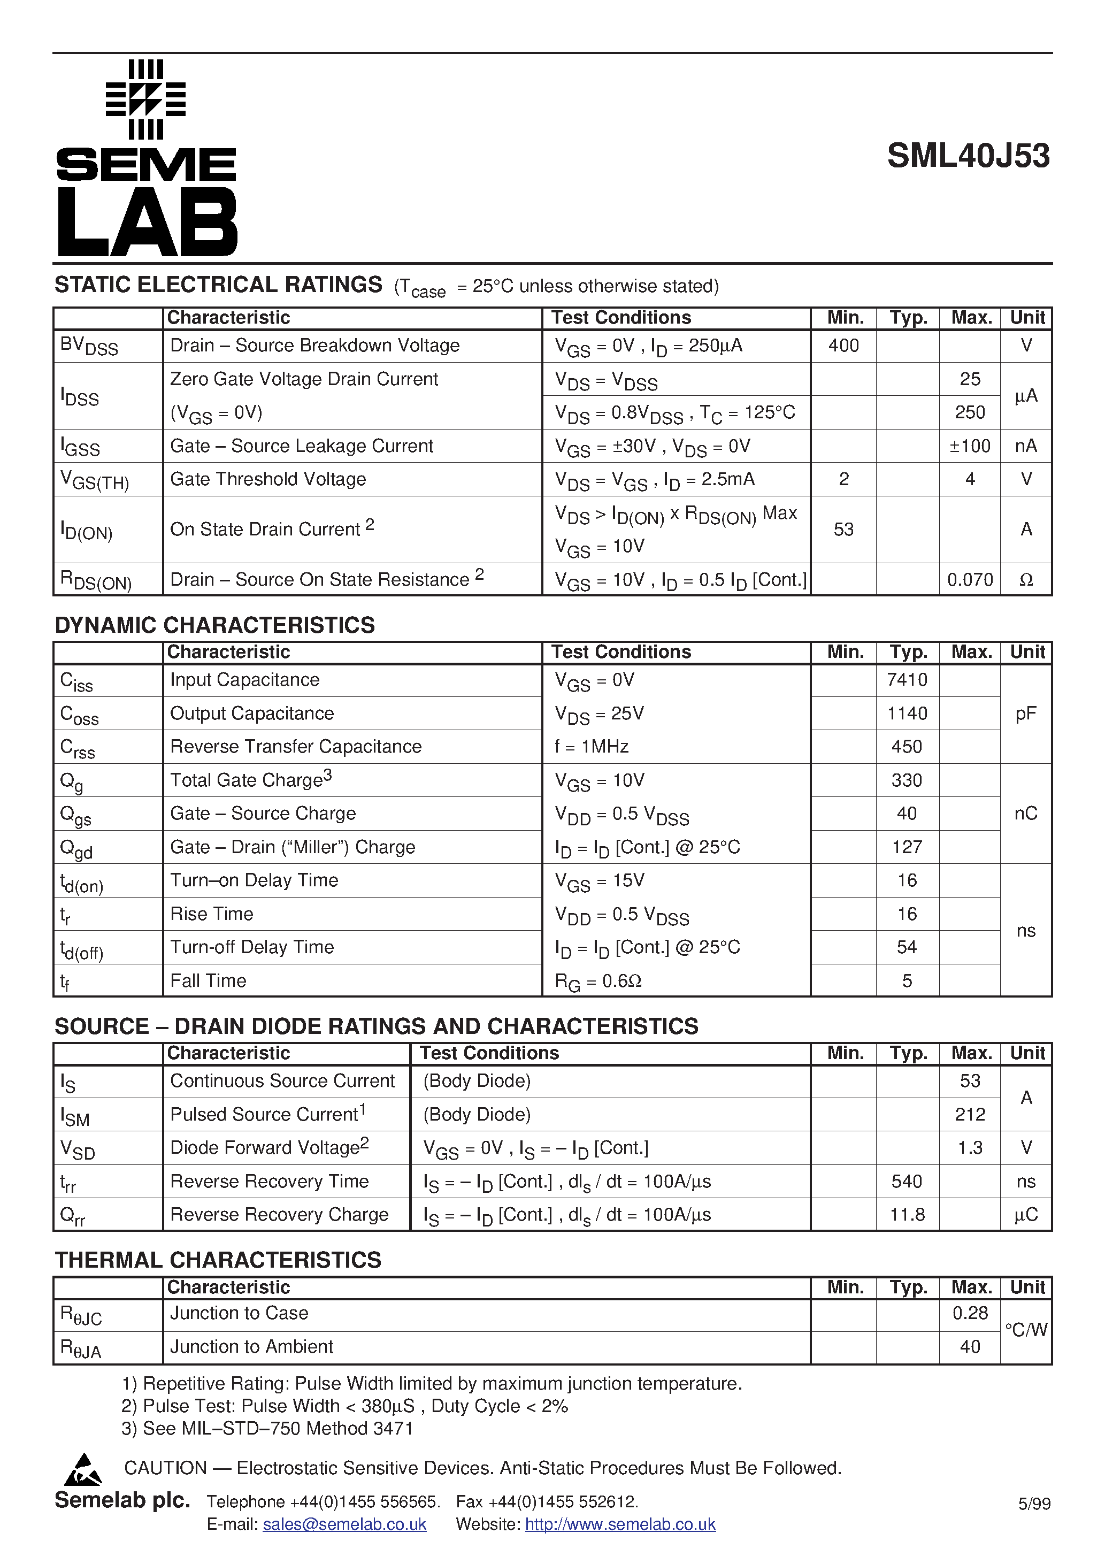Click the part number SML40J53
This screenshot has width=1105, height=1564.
tap(968, 156)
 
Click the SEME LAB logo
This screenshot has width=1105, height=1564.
tap(147, 158)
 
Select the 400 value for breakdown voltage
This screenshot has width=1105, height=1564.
tap(843, 346)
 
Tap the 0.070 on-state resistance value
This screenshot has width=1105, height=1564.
tap(970, 580)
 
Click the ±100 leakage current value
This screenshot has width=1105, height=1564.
tap(970, 446)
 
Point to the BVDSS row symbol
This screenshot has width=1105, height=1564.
tap(89, 347)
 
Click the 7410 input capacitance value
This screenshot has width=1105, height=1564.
tap(907, 680)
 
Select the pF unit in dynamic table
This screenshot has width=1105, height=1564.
tap(1025, 713)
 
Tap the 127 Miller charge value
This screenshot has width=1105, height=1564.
tap(907, 847)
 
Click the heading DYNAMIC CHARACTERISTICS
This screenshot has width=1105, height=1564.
tap(214, 625)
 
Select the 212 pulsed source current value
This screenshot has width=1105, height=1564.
tap(970, 1114)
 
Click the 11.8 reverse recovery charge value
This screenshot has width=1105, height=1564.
tap(907, 1215)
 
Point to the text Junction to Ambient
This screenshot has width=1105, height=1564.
tap(251, 1347)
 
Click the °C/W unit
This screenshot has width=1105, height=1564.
tap(1025, 1330)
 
